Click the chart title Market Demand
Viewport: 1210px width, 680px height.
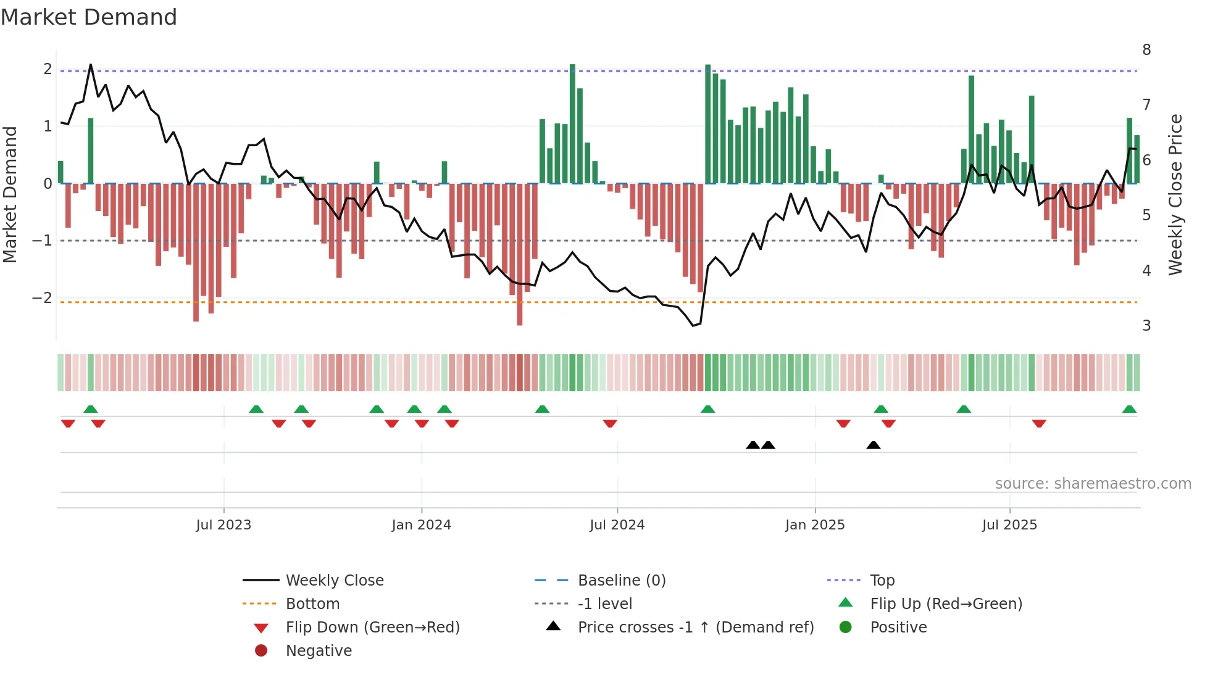click(89, 17)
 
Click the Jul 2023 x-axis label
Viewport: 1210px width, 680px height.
click(223, 525)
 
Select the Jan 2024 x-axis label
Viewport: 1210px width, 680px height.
click(421, 525)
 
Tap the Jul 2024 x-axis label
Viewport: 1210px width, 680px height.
click(617, 525)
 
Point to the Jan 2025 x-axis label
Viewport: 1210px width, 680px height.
click(815, 525)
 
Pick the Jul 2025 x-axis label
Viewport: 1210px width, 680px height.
click(1009, 525)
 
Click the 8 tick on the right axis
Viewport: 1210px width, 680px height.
click(1146, 50)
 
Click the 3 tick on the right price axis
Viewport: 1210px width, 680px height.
click(1146, 326)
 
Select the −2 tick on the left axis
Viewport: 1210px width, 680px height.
click(43, 298)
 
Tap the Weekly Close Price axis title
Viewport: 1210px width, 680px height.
click(1175, 194)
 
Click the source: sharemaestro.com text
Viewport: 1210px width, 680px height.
click(1093, 484)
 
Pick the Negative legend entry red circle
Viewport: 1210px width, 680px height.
click(261, 651)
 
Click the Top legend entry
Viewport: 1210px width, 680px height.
click(882, 581)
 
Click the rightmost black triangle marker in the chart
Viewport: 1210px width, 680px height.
click(873, 446)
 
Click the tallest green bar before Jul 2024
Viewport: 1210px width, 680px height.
click(572, 123)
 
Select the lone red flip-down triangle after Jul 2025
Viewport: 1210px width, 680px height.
click(1039, 423)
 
